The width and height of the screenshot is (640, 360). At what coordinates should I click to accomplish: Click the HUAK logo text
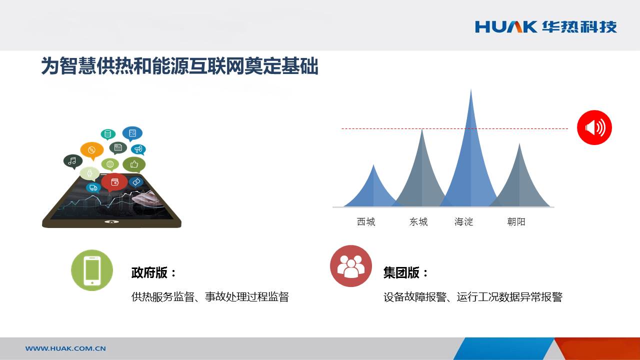point(506,27)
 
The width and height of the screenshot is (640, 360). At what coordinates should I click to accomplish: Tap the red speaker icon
point(594,127)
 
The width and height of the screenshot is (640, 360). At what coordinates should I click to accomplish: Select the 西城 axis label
point(366,221)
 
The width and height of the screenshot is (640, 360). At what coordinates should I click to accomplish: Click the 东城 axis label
point(418,221)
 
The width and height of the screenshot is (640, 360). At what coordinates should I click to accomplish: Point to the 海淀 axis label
point(463,221)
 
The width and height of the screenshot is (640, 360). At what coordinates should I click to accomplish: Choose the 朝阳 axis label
point(516,221)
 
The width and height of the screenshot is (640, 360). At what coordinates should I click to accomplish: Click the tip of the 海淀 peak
point(471,89)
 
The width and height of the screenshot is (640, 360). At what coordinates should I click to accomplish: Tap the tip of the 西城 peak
point(373,165)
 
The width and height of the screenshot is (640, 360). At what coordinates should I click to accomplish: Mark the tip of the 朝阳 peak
point(519,143)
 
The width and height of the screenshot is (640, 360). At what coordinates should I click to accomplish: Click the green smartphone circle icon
point(92,270)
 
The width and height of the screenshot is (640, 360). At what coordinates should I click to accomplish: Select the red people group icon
point(351,266)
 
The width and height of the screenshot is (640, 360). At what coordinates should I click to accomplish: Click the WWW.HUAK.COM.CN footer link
point(65,348)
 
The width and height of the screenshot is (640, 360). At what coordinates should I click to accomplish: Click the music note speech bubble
point(73,161)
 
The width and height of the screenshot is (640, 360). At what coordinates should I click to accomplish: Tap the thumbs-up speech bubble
point(134,164)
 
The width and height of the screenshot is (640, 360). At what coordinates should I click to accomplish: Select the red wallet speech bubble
point(114,182)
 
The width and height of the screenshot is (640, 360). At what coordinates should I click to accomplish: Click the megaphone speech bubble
point(138,149)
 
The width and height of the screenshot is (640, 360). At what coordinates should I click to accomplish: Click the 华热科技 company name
point(579,27)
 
